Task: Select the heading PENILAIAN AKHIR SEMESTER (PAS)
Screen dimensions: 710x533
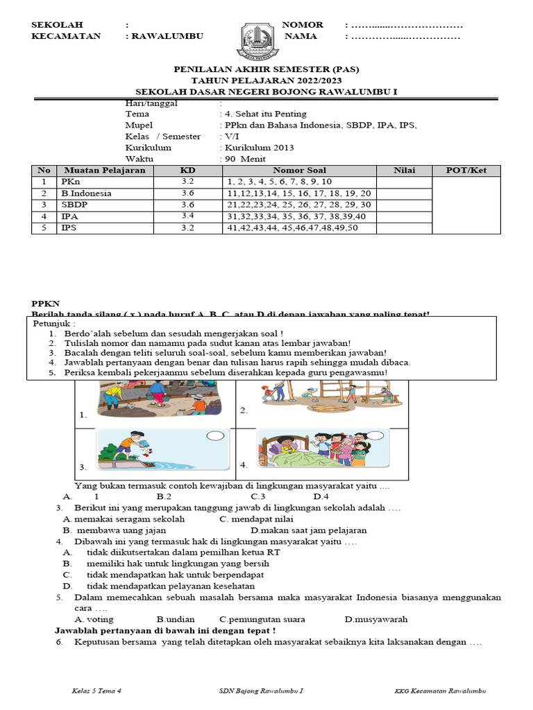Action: (x=266, y=70)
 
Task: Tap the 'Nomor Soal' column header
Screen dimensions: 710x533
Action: (x=299, y=171)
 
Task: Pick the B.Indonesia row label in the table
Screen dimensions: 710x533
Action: (x=86, y=193)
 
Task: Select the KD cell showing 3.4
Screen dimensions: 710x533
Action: (x=188, y=216)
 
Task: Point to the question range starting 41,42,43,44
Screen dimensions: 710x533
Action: (x=292, y=228)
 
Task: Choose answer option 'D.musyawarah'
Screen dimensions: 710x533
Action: (x=375, y=619)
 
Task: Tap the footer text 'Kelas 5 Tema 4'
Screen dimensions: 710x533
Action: (x=96, y=691)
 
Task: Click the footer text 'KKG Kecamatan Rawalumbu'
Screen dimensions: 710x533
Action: (x=440, y=691)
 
